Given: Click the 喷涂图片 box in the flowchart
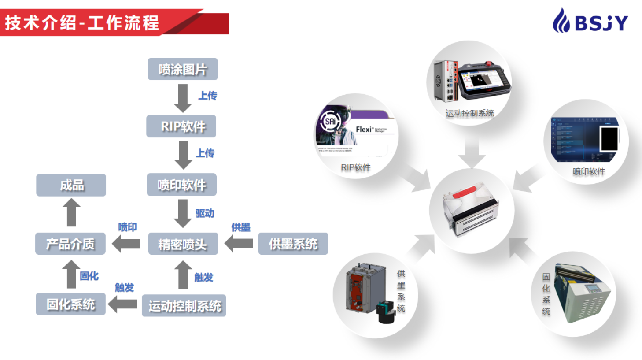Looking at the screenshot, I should point(182,69).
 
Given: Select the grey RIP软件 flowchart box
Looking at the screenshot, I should point(181,126).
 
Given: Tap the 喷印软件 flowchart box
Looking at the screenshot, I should point(181,185).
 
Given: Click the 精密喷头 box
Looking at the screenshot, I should point(183,244).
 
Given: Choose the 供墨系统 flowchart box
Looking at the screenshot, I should point(293,244).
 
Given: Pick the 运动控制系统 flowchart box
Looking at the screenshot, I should point(184,306).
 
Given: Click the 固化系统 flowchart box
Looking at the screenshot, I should point(70,304).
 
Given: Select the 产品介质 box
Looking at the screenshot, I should point(70,244).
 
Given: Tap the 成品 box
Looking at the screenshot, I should point(71,185).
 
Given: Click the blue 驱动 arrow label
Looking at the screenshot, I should point(205,214).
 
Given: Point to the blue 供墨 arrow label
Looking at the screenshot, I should point(241,227).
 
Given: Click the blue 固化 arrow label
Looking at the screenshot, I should point(89,276).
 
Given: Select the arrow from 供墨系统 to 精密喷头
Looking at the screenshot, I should point(239,243).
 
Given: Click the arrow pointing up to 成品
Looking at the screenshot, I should point(71,212).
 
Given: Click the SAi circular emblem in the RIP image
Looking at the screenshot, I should point(331,121).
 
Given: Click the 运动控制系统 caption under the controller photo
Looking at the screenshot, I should point(469,113).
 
